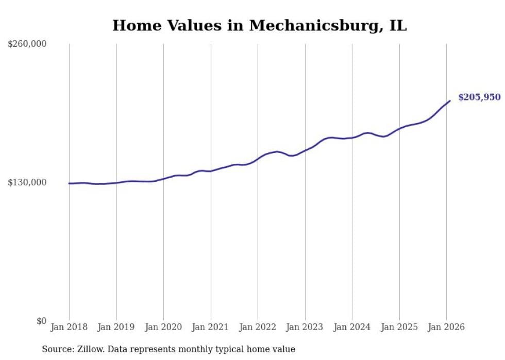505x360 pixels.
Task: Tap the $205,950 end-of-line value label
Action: [x=479, y=97]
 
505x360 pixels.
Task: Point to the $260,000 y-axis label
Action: [x=27, y=44]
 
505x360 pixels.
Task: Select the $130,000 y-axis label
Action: [x=27, y=182]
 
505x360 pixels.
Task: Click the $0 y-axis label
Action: [x=41, y=321]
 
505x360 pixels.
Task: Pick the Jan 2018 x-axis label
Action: [x=69, y=327]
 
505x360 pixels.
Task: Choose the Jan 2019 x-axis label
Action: [x=116, y=327]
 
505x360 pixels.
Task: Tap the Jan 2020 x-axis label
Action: [x=163, y=327]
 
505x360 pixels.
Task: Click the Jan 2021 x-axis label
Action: [x=210, y=327]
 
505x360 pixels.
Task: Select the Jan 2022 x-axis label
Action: [x=258, y=327]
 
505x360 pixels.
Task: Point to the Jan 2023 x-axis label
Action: [x=305, y=327]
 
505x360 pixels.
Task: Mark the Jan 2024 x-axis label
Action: [x=352, y=327]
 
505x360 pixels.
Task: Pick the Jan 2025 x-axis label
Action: [x=399, y=327]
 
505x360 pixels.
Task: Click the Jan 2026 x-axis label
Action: [x=446, y=327]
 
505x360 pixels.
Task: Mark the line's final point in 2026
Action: [x=450, y=101]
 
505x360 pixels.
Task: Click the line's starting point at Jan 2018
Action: [x=69, y=183]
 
